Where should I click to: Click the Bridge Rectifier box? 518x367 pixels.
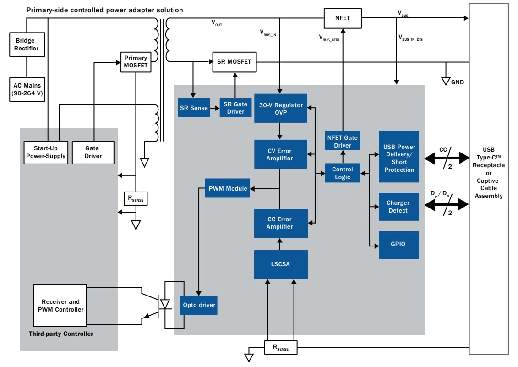point(27,44)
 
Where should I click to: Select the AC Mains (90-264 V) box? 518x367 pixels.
point(27,89)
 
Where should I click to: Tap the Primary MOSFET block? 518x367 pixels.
point(136,62)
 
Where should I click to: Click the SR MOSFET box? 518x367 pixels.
point(234,62)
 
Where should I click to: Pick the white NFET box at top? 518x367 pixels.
point(343,18)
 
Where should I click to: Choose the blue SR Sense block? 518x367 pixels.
point(193,108)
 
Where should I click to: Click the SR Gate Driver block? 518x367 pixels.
point(235,108)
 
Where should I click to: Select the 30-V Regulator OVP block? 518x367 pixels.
point(281,109)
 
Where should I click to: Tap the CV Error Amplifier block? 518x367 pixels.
point(281,154)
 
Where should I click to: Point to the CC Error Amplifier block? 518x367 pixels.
point(281,223)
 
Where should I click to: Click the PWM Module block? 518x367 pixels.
point(227,188)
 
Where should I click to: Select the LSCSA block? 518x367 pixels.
point(281,264)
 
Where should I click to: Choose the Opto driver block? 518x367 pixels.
point(199,305)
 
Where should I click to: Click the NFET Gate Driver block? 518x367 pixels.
point(343,141)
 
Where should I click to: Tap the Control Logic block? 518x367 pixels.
point(343,173)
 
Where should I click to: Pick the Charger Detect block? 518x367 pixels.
point(398,207)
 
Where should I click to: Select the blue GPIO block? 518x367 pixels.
point(398,245)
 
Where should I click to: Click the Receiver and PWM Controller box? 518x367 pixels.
point(60,306)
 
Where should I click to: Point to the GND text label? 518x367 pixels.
point(458,82)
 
